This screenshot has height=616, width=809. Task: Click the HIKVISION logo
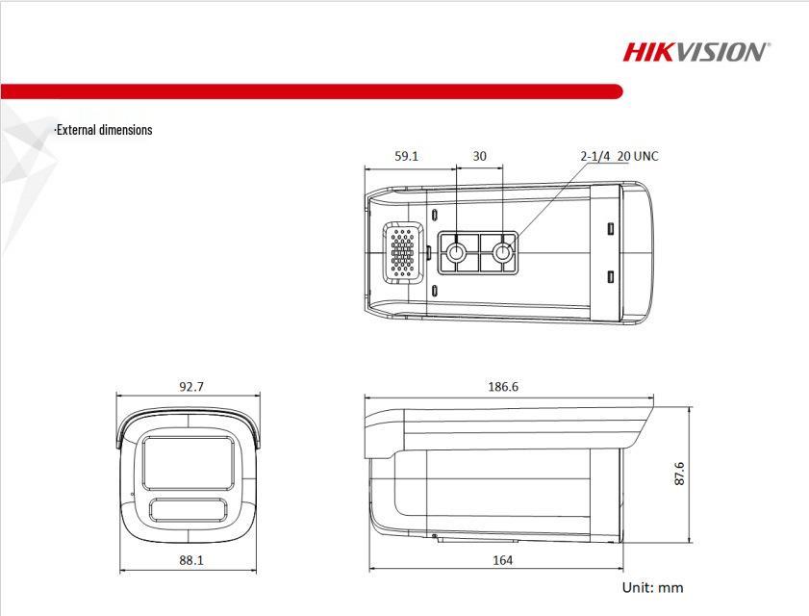pyautogui.click(x=695, y=51)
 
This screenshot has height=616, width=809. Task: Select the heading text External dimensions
pyautogui.click(x=103, y=130)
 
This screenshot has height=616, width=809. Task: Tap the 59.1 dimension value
pyautogui.click(x=407, y=156)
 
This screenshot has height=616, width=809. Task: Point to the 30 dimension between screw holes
pyautogui.click(x=479, y=156)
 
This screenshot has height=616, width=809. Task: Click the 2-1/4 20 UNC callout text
pyautogui.click(x=619, y=156)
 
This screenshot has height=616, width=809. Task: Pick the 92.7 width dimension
pyautogui.click(x=190, y=387)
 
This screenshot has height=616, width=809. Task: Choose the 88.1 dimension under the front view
pyautogui.click(x=190, y=559)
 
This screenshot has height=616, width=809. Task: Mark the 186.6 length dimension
pyautogui.click(x=502, y=387)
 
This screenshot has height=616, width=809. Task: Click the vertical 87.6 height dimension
pyautogui.click(x=679, y=474)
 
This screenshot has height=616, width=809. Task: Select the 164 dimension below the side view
pyautogui.click(x=502, y=559)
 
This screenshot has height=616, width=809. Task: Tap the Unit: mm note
pyautogui.click(x=652, y=587)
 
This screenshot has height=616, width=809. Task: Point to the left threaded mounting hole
pyautogui.click(x=457, y=253)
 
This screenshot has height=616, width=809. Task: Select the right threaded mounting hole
pyautogui.click(x=502, y=253)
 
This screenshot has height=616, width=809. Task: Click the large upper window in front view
pyautogui.click(x=189, y=461)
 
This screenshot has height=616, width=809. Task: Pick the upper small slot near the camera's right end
pyautogui.click(x=610, y=229)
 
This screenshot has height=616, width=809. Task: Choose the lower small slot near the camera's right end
pyautogui.click(x=610, y=277)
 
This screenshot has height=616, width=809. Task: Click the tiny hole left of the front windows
pyautogui.click(x=133, y=494)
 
